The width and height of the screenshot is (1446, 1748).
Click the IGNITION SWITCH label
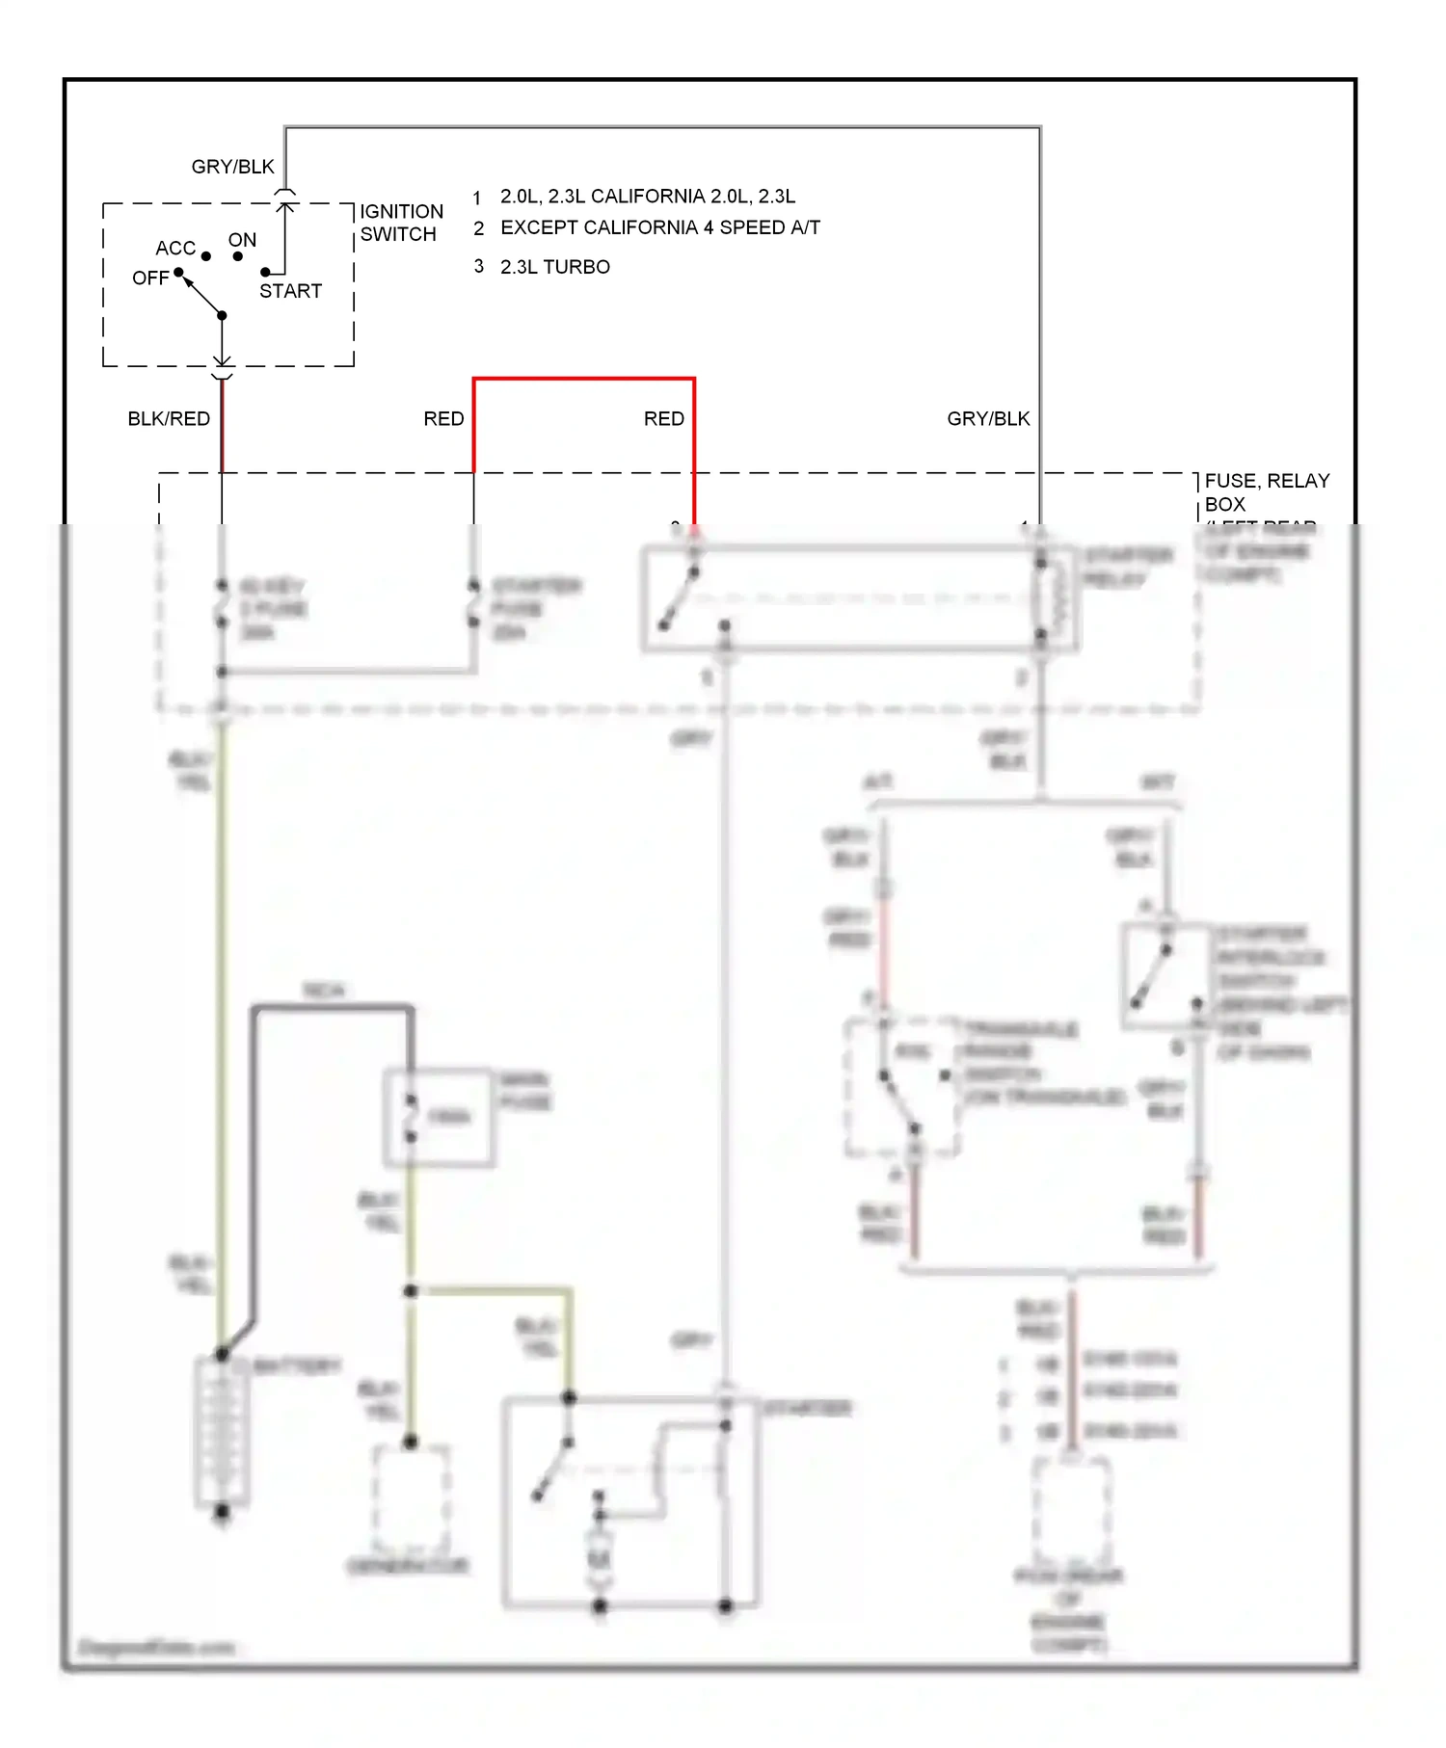(401, 223)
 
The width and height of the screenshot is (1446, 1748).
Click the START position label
(290, 291)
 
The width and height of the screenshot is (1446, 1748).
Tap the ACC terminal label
(175, 249)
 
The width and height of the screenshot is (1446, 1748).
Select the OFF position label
(150, 278)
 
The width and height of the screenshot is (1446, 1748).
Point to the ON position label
(242, 240)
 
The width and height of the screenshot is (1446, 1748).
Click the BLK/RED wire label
(169, 419)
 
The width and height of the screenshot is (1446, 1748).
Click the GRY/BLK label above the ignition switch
(232, 167)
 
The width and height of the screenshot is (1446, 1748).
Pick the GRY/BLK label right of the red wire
(988, 419)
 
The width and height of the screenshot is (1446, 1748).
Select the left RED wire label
(443, 419)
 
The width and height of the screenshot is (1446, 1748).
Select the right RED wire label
(664, 419)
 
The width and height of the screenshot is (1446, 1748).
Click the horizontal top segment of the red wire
(583, 380)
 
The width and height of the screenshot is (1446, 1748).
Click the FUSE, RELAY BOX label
(1267, 491)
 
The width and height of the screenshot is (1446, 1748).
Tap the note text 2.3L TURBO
(554, 267)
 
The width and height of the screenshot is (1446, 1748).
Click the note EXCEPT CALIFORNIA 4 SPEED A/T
(660, 228)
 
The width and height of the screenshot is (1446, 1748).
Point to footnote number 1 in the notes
(477, 199)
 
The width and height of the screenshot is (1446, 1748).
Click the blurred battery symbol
(223, 1431)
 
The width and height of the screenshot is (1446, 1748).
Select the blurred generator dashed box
(412, 1498)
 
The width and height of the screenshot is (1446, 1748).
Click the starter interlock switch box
(1165, 975)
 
